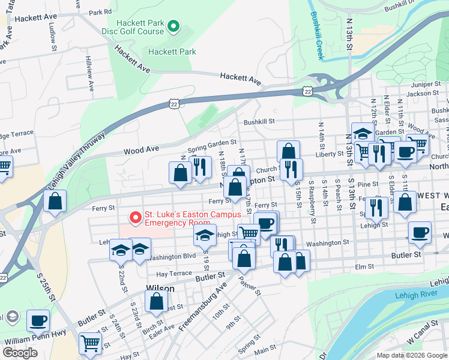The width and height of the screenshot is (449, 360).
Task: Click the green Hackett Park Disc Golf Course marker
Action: [173, 26]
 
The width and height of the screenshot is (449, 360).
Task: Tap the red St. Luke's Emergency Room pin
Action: [136, 216]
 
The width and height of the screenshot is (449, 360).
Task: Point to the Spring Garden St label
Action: [212, 146]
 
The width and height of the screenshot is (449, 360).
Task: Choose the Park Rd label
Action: [100, 12]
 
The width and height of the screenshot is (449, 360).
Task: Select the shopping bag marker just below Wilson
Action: [156, 304]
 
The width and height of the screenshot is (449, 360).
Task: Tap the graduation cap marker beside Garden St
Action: [363, 134]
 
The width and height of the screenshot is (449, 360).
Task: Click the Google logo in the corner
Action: [20, 353]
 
